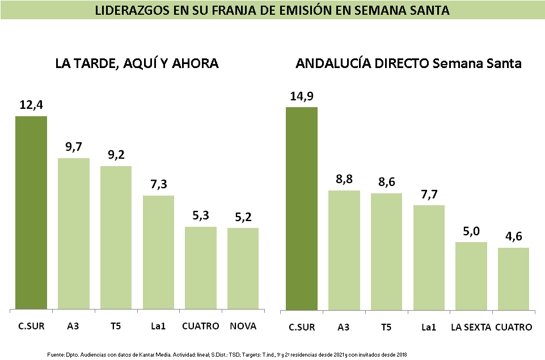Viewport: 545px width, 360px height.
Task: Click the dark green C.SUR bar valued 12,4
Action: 31,213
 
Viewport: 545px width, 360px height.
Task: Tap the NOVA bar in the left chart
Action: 243,269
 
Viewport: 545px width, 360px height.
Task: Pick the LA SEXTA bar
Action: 471,276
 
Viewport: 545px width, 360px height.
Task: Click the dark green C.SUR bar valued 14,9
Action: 302,208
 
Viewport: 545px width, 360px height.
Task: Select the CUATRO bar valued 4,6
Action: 513,278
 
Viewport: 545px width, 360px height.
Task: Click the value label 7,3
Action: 158,184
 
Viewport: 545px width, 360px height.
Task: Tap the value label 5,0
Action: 471,231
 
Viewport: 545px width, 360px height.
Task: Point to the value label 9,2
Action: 116,154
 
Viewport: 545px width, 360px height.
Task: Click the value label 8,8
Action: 344,179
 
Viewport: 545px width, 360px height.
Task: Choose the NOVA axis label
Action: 243,326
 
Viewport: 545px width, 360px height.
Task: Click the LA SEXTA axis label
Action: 471,327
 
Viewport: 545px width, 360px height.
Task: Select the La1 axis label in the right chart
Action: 429,327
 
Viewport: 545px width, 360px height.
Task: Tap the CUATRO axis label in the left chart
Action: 201,326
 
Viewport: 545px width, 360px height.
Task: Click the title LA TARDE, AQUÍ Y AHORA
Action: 137,63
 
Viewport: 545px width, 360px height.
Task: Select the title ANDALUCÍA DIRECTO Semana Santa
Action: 408,63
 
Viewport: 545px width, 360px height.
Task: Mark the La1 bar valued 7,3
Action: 158,252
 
